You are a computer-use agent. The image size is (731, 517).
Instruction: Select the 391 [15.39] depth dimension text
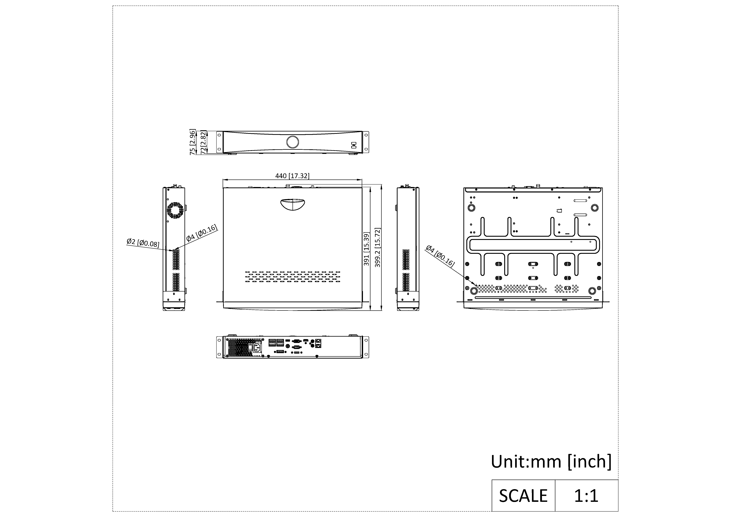click(366, 249)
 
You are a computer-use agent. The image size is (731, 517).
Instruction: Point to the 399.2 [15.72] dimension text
click(378, 247)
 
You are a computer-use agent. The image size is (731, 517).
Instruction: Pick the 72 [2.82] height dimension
click(203, 142)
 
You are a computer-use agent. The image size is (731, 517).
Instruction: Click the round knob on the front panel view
click(293, 142)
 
